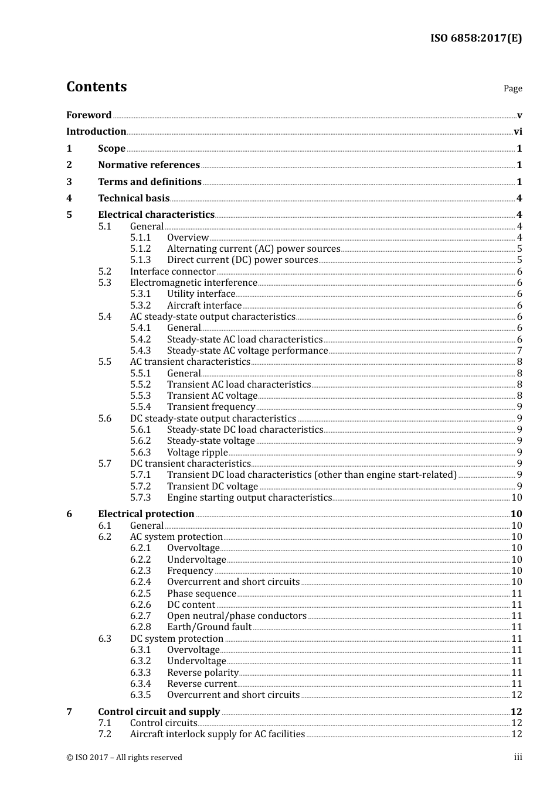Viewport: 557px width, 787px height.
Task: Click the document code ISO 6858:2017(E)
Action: pyautogui.click(x=476, y=39)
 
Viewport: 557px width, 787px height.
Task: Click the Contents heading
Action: pyautogui.click(x=96, y=87)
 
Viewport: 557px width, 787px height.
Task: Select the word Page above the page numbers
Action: pyautogui.click(x=512, y=88)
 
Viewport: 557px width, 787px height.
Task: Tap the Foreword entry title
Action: pyautogui.click(x=89, y=115)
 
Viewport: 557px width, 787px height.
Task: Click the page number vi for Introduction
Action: pyautogui.click(x=518, y=132)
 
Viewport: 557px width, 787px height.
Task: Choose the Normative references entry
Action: pyautogui.click(x=149, y=165)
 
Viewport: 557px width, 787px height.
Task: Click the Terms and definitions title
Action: pyautogui.click(x=150, y=182)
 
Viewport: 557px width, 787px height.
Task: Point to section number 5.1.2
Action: pyautogui.click(x=140, y=249)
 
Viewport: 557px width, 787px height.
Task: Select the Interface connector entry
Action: pyautogui.click(x=172, y=272)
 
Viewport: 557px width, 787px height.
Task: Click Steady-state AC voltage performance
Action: pyautogui.click(x=247, y=351)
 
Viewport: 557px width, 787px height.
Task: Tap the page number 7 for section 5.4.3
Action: pyautogui.click(x=519, y=351)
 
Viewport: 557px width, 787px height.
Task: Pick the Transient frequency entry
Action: pyautogui.click(x=211, y=407)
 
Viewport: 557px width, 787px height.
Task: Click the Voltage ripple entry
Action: pyautogui.click(x=197, y=453)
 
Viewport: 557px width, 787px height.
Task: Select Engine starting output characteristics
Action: pyautogui.click(x=249, y=498)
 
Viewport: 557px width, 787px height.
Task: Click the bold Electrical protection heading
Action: pyautogui.click(x=146, y=514)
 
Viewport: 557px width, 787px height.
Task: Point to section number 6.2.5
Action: pyautogui.click(x=140, y=594)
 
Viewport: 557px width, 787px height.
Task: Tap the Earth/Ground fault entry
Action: pyautogui.click(x=209, y=627)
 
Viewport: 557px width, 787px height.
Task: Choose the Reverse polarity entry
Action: pyautogui.click(x=202, y=673)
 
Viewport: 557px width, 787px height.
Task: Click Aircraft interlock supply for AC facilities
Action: pyautogui.click(x=217, y=734)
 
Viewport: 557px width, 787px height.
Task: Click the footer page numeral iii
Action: pyautogui.click(x=518, y=757)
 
